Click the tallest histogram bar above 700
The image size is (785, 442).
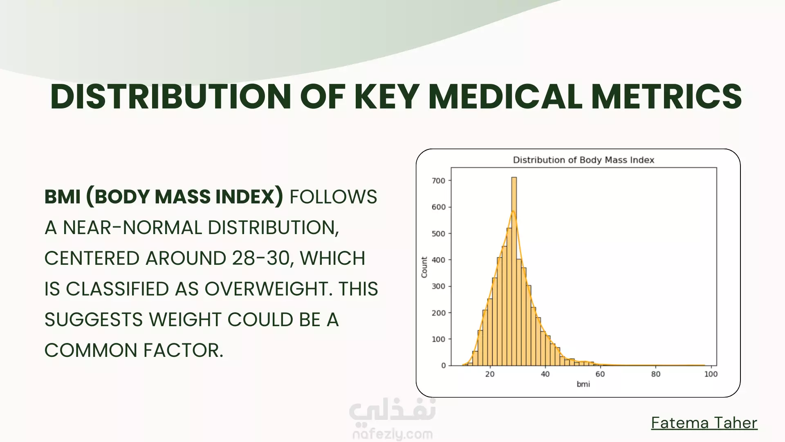[514, 271]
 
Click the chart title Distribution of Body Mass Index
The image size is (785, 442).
[583, 160]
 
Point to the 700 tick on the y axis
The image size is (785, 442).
[450, 180]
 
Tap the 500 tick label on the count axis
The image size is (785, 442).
[438, 234]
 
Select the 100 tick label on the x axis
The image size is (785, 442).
[711, 374]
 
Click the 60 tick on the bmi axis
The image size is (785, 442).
[600, 367]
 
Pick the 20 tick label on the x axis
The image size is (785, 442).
[490, 374]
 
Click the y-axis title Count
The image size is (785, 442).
[424, 267]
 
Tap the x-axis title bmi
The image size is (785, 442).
[583, 384]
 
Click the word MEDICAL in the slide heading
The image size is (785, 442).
[505, 97]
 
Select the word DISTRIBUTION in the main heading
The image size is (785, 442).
[170, 97]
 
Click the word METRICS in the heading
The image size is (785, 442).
[666, 97]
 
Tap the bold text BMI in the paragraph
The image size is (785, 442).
[63, 197]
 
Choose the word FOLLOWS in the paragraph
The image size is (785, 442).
[333, 197]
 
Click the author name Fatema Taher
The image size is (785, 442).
[704, 423]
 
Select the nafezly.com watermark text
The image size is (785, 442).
[392, 434]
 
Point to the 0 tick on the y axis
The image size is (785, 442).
[450, 365]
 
